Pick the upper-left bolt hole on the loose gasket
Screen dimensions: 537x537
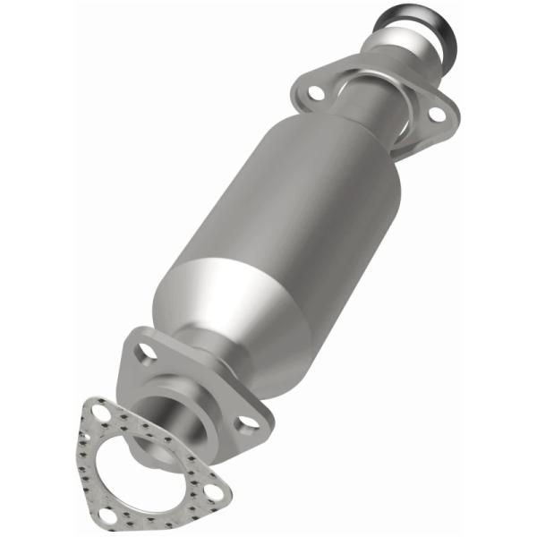[98, 413]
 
